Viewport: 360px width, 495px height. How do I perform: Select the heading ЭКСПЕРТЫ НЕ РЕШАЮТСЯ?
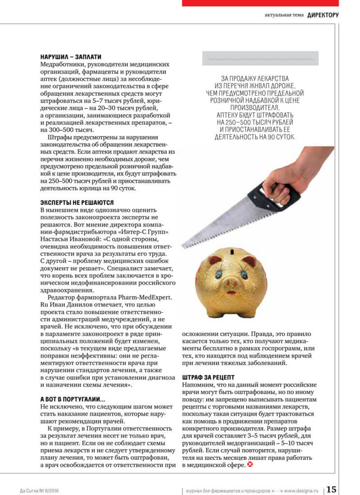tap(77, 203)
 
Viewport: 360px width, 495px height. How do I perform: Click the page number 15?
tap(331, 489)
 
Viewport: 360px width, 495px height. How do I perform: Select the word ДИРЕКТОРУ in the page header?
tap(323, 15)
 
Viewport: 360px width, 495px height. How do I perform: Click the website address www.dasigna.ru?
tap(301, 490)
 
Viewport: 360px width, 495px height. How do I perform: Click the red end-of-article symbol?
tap(250, 465)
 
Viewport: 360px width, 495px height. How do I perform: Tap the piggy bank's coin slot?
tap(234, 251)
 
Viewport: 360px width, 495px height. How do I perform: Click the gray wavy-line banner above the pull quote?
tap(260, 58)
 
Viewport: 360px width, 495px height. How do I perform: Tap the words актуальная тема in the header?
tap(284, 15)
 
